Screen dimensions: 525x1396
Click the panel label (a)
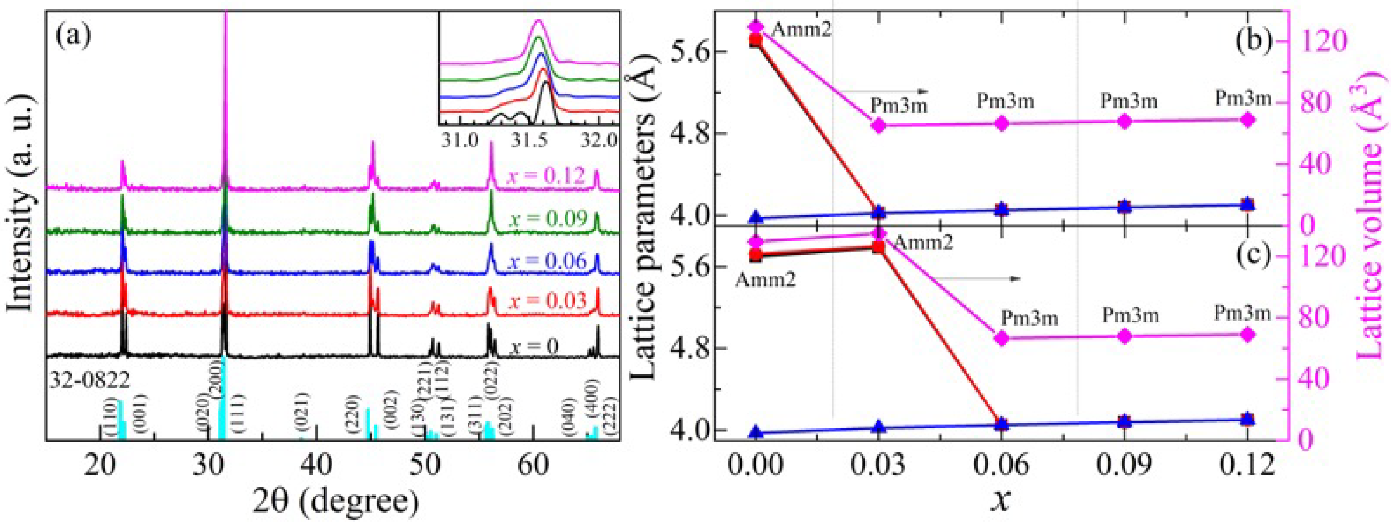pos(74,37)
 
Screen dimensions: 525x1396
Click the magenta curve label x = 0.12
pos(546,175)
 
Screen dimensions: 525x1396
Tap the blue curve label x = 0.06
pos(547,261)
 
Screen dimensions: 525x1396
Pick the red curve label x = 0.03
pos(547,300)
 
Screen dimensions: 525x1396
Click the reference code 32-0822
pos(89,381)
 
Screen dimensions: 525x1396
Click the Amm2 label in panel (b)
pos(800,29)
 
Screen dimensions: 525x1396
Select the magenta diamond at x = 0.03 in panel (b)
pos(879,126)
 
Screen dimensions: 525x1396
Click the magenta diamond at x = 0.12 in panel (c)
pos(1248,334)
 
